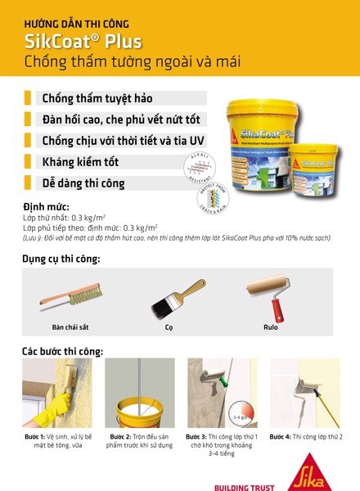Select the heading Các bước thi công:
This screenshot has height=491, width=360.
pyautogui.click(x=63, y=352)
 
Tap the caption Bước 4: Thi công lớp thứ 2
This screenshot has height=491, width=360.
pyautogui.click(x=305, y=436)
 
